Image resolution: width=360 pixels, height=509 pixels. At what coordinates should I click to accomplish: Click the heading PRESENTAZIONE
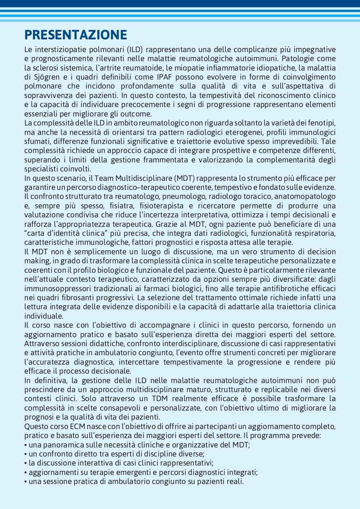tap(76, 34)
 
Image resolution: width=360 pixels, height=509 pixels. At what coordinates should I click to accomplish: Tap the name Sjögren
tap(45, 77)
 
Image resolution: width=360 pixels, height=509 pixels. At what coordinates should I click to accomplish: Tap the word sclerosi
tap(47, 68)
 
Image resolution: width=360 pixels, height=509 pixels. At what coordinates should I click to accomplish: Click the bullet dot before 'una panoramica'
tap(26, 445)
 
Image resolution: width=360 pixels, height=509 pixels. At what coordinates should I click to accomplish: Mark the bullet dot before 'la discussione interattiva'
tap(26, 463)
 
